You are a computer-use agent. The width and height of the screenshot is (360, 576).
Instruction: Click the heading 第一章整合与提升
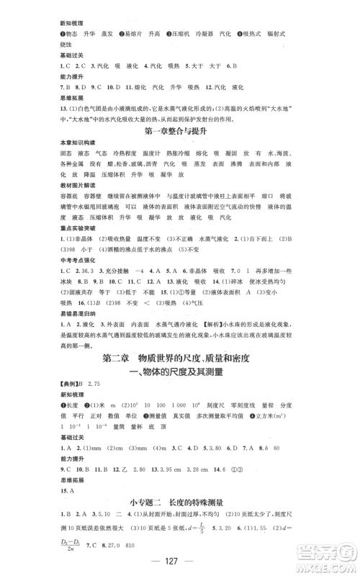[x=180, y=132]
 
